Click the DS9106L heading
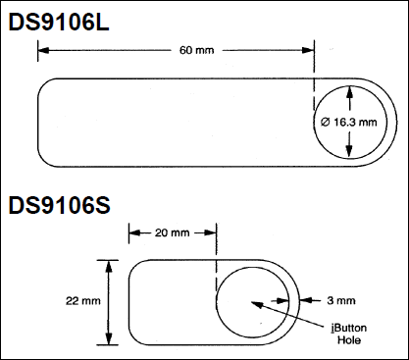click(x=59, y=23)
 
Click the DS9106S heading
click(x=60, y=205)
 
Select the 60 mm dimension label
click(x=197, y=50)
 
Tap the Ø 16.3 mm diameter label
click(x=349, y=122)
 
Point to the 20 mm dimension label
click(x=173, y=232)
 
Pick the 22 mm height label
click(x=83, y=300)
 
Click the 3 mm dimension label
click(x=341, y=300)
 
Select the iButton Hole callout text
click(x=349, y=334)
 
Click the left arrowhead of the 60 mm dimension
click(x=44, y=50)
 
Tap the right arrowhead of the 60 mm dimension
click(x=308, y=50)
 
